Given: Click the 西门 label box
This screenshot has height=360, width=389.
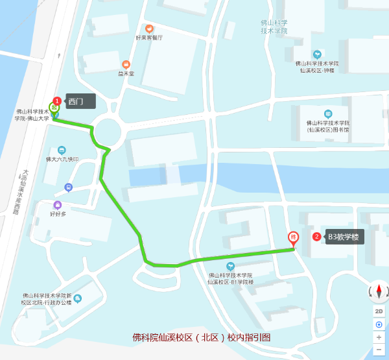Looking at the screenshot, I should (x=80, y=101).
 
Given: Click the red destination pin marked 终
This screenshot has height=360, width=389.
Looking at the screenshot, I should (x=293, y=238).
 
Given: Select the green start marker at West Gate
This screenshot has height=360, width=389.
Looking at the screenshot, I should (x=54, y=108).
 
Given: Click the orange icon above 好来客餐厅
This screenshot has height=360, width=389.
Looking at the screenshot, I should (x=149, y=29).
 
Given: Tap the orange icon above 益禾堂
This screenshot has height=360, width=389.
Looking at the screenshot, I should (x=126, y=65).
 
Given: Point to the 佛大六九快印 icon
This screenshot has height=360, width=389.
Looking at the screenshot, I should (x=62, y=150).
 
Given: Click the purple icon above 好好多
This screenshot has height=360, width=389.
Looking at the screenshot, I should (x=58, y=205).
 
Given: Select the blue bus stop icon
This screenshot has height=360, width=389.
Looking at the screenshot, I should (x=69, y=187).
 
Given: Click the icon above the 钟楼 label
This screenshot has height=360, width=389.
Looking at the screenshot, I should (x=317, y=54).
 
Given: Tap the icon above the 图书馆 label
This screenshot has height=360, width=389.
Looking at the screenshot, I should (x=327, y=114).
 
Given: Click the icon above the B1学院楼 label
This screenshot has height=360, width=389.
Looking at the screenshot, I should (x=230, y=266).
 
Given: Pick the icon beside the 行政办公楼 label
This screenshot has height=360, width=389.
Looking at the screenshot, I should (x=78, y=298).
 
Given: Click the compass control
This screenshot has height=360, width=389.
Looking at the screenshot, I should (x=379, y=292).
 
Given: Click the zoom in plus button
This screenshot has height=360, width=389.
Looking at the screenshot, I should (x=379, y=337).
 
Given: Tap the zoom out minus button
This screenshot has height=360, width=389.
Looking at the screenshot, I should (x=379, y=350).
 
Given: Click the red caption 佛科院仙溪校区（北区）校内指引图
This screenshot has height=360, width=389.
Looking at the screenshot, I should (x=200, y=337).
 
